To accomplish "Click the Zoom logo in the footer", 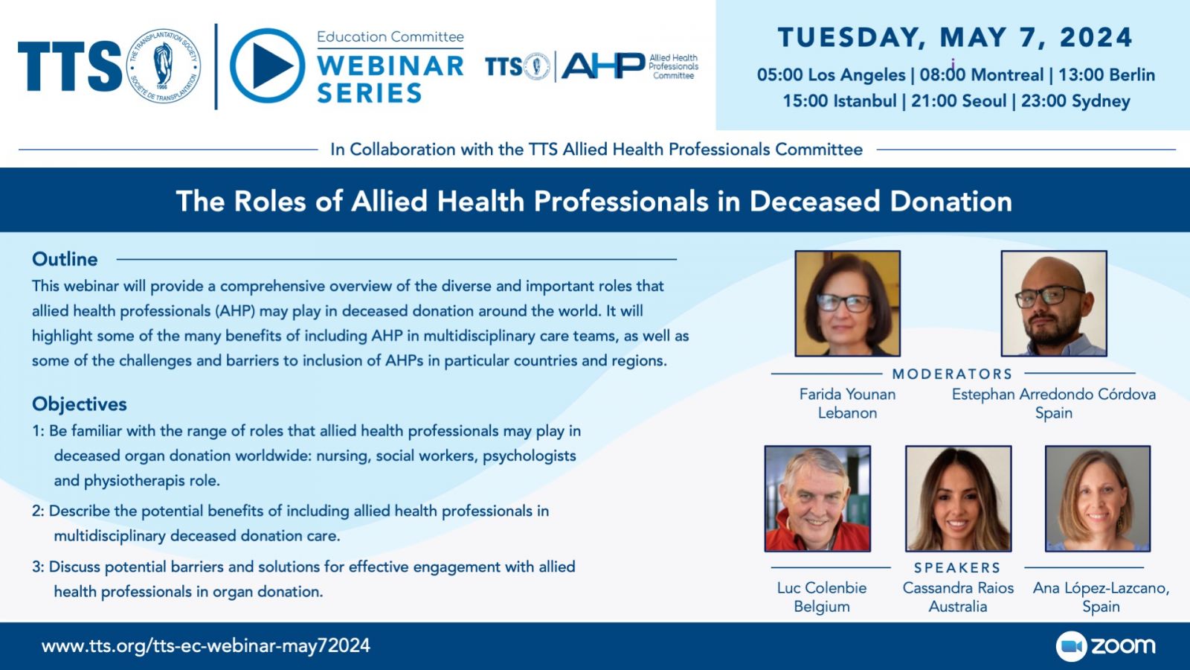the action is coord(1105,646).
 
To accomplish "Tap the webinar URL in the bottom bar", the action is coord(205,646).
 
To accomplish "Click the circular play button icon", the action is coord(267,66).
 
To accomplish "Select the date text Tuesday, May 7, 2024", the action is coord(955,38).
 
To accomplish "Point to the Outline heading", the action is coord(65,259).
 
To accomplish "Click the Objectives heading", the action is coord(79,404).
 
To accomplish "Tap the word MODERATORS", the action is coord(952,374).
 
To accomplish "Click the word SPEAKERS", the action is coord(957,568).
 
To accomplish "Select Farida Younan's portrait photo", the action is coord(847,303).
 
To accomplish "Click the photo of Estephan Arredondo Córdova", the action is coord(1054,303).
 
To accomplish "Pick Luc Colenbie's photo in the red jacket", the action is coord(817,498).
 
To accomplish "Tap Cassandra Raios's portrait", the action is coord(959,498).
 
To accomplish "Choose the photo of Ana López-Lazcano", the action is coord(1098,498).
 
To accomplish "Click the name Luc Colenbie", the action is coord(822,587).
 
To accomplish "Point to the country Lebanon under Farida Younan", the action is coord(847,412).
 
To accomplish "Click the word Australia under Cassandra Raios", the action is coord(958,606).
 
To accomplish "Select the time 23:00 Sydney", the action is coord(1075,101).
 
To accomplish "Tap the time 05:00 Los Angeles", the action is coord(831,75).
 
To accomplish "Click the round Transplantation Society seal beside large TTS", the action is coord(164,66).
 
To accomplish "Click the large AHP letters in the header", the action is coord(603,66).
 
